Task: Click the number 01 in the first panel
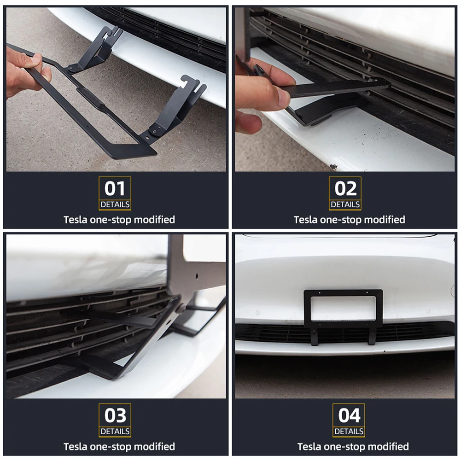(x=115, y=188)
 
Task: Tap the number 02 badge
(x=345, y=188)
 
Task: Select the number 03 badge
(x=115, y=415)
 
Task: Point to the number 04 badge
(x=349, y=415)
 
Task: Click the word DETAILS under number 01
(x=115, y=204)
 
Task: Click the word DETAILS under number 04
(x=349, y=432)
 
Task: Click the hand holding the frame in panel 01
(x=25, y=71)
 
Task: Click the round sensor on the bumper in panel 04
(x=452, y=291)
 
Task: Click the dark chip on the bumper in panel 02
(x=333, y=166)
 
